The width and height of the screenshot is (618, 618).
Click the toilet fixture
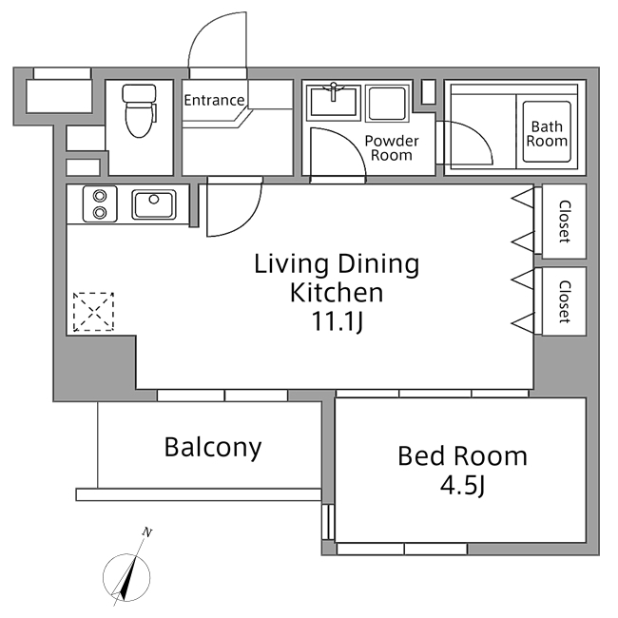[140, 110]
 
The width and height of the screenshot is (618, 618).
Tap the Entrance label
[214, 100]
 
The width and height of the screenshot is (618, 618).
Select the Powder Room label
[391, 147]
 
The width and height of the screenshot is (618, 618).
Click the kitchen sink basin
[153, 203]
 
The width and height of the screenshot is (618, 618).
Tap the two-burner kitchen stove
[98, 203]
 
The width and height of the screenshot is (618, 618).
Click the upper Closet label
[565, 221]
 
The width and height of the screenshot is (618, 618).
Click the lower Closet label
[565, 301]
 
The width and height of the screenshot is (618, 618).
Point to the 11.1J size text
[337, 323]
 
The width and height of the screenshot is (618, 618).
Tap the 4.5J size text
[461, 487]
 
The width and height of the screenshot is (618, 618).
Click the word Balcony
[212, 447]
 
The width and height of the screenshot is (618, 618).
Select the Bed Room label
[461, 456]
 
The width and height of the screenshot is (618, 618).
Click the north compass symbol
[126, 577]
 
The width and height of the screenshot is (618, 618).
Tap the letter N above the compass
[146, 532]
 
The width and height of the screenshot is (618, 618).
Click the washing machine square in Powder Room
[387, 103]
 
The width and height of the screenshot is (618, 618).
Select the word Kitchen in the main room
[337, 293]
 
